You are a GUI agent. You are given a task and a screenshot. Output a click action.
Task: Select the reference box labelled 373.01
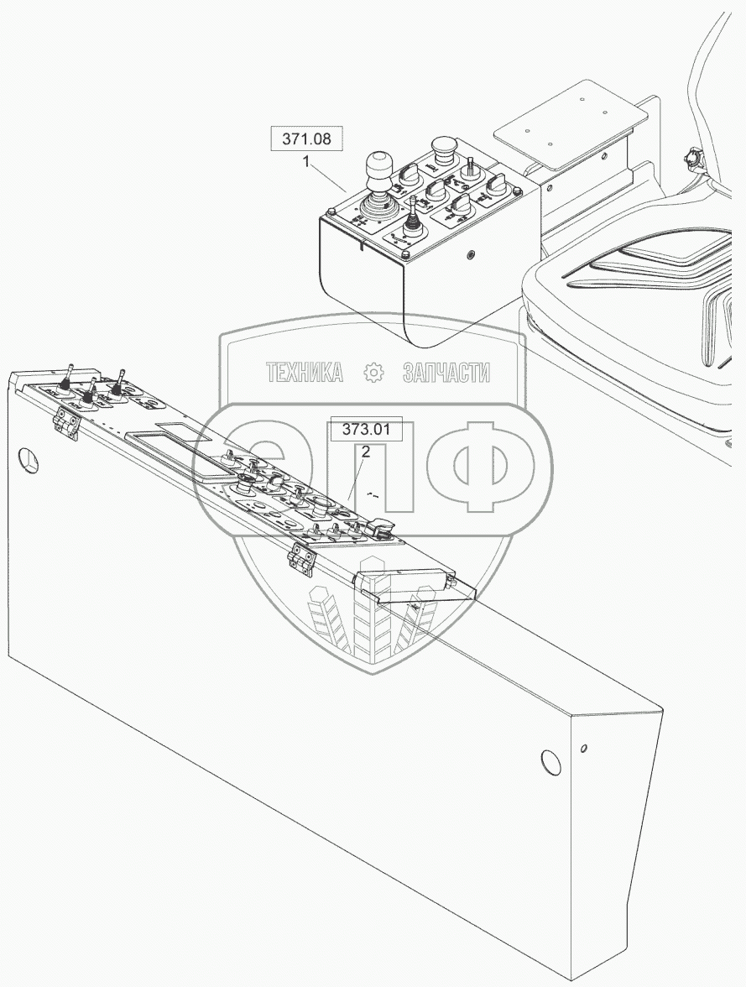click(367, 431)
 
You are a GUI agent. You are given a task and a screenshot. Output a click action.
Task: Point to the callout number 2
click(366, 452)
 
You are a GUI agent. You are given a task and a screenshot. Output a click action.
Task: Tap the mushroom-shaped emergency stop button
click(442, 148)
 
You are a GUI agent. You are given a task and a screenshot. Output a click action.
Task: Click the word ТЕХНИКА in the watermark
click(305, 372)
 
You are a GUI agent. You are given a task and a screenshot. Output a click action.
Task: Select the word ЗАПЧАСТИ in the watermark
click(446, 372)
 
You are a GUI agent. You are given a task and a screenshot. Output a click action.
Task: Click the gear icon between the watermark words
click(373, 372)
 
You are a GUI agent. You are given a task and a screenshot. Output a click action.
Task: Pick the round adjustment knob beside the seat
click(693, 157)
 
